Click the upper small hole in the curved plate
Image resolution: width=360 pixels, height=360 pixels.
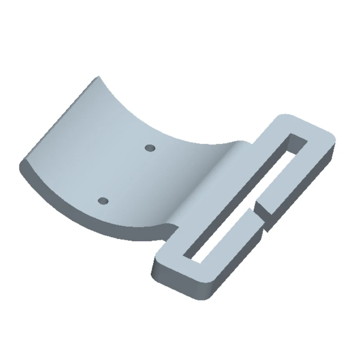150,147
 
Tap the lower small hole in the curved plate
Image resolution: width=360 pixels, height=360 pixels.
103,200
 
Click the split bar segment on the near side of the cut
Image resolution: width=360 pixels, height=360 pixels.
234,243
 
